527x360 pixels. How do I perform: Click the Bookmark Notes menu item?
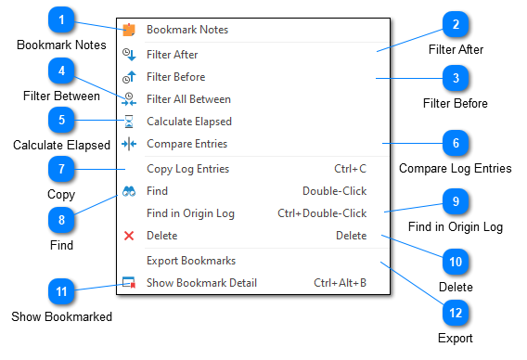(x=187, y=30)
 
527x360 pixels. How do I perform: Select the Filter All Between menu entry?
(x=188, y=99)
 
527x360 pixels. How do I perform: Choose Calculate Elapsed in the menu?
(x=189, y=122)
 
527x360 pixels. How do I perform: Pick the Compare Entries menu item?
(x=186, y=144)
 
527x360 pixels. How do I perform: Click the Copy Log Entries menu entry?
(x=187, y=169)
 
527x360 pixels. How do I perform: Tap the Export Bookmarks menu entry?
(x=191, y=261)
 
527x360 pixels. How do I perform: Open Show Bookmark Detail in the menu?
(x=201, y=283)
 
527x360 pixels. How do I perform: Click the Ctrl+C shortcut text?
(x=350, y=169)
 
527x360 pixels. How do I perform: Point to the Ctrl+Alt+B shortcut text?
(x=340, y=283)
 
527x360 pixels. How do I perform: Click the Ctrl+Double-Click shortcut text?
(x=322, y=213)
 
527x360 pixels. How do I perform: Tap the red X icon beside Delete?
(x=129, y=236)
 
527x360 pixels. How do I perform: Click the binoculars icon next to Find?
(x=129, y=191)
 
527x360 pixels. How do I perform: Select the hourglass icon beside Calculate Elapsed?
(x=129, y=122)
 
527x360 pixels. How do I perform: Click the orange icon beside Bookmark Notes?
(x=129, y=30)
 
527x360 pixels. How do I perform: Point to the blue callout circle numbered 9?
(x=455, y=202)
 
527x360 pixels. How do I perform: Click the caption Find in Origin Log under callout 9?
(x=455, y=226)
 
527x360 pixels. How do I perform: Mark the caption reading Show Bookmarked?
(x=61, y=316)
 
